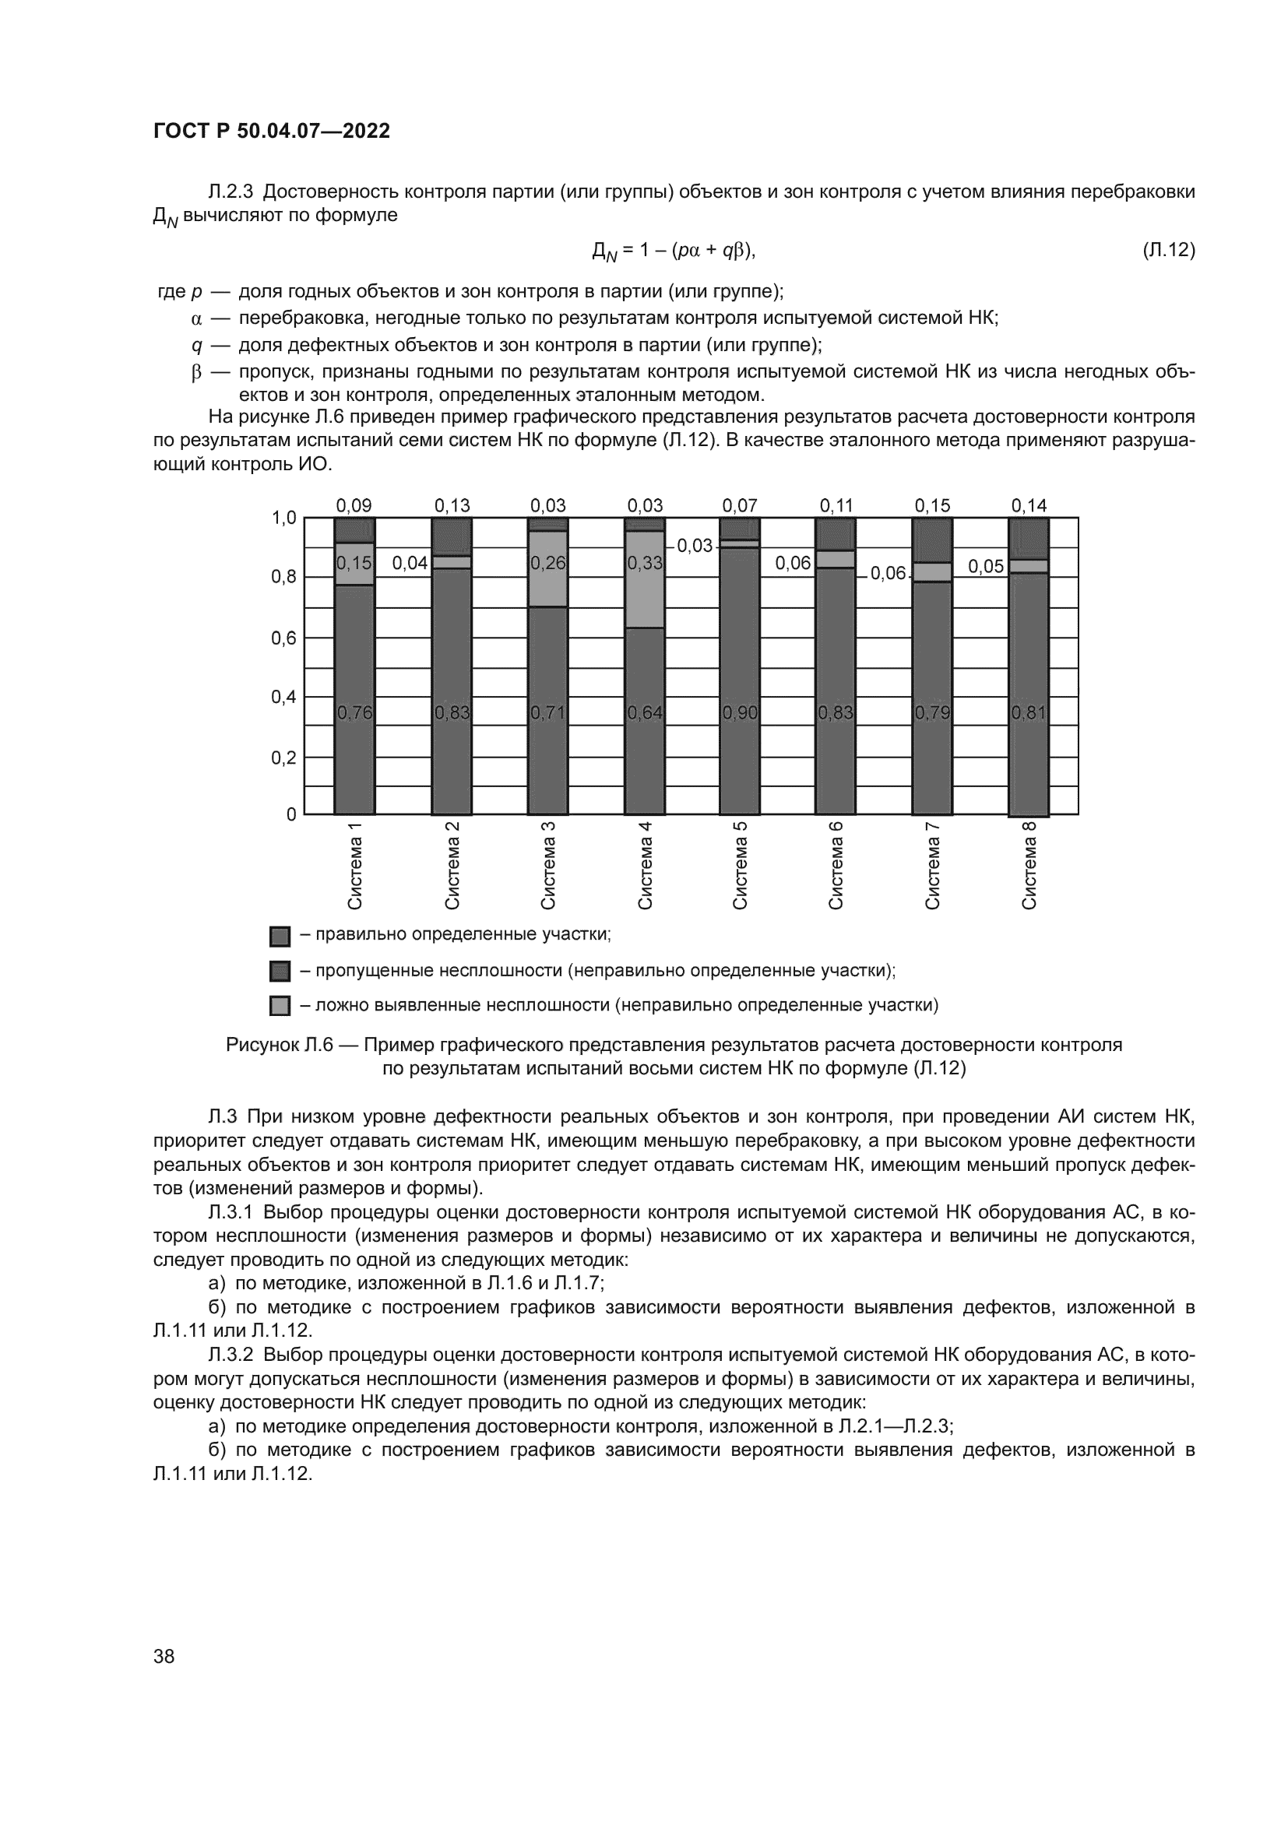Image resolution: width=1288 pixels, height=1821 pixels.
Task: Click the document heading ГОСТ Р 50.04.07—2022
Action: (x=271, y=132)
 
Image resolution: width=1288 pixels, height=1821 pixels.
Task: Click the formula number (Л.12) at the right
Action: (x=1168, y=251)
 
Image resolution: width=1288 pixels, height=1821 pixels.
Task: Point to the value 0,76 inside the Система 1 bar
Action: (x=354, y=713)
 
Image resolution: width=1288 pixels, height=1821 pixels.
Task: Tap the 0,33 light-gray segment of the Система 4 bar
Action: (x=645, y=563)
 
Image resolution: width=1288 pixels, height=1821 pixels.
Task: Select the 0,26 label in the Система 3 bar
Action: (x=548, y=563)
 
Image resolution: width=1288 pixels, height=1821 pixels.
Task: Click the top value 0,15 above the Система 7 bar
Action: (x=932, y=505)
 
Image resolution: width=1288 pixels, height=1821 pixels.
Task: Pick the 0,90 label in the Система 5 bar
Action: (x=740, y=713)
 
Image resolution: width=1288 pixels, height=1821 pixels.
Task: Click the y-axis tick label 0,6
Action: (x=283, y=638)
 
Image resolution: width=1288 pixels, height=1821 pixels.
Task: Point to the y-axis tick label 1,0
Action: (x=283, y=518)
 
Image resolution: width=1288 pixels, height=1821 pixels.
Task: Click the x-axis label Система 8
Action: (x=1029, y=865)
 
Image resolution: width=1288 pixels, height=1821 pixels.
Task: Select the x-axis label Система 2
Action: (x=452, y=865)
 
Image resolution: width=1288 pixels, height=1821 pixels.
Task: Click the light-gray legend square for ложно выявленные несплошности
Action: (x=280, y=1006)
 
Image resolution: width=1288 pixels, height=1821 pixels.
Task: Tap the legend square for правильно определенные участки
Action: (x=280, y=936)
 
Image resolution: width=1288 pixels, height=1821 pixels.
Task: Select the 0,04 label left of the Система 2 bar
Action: (x=410, y=563)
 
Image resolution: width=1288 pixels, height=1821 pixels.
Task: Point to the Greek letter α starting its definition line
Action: (x=197, y=319)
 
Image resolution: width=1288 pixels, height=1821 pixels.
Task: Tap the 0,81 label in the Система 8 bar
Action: (x=1029, y=713)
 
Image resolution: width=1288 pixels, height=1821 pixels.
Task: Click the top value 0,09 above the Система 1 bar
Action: (x=354, y=505)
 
